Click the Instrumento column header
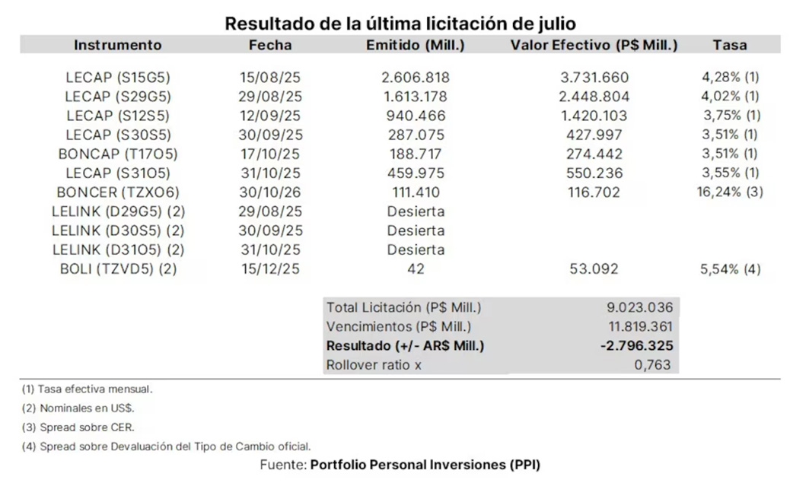[118, 45]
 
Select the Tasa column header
[730, 45]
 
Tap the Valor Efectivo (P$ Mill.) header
[594, 45]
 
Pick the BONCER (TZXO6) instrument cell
[118, 192]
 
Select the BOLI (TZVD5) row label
[118, 269]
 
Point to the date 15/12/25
[270, 269]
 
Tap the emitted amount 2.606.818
[416, 78]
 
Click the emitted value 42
[416, 269]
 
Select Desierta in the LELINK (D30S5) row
[416, 230]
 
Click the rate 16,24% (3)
[730, 192]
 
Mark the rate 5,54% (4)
[730, 269]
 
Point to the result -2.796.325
[635, 346]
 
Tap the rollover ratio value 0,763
[653, 365]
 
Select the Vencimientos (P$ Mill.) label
[399, 327]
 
